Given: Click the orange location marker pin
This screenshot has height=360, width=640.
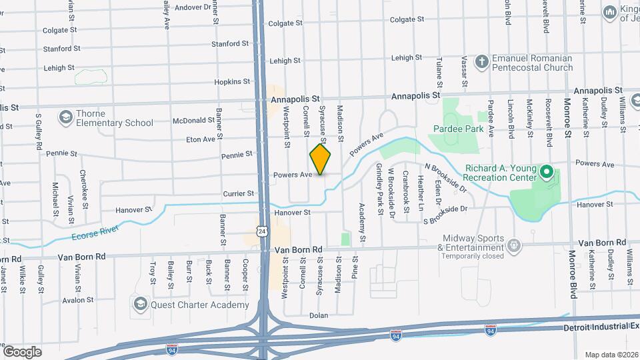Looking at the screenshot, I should [321, 160].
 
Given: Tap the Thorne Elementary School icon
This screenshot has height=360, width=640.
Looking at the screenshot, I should [65, 118].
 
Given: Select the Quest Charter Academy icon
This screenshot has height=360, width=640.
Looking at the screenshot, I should [140, 305].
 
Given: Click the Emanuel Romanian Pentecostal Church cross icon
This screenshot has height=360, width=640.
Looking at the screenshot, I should [481, 63].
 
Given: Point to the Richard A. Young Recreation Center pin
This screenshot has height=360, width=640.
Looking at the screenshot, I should [547, 173].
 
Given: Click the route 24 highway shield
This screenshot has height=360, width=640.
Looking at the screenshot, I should [264, 231].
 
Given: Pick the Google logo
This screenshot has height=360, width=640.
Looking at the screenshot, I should [22, 352].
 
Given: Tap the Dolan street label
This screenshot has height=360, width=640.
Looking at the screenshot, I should [319, 315].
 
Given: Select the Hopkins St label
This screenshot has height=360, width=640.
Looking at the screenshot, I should [232, 81].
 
